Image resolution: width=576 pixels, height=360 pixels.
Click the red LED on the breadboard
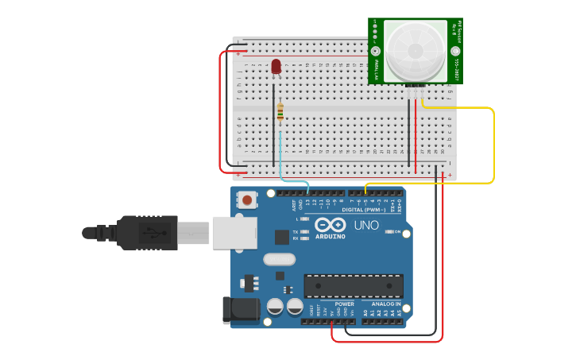click(x=276, y=67)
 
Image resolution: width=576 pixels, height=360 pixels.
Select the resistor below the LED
click(x=280, y=113)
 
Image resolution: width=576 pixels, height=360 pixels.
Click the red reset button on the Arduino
click(x=248, y=200)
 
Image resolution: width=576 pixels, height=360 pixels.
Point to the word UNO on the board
click(x=366, y=226)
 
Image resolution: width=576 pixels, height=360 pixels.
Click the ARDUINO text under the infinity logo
click(x=330, y=236)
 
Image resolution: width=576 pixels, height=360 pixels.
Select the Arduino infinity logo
click(x=331, y=225)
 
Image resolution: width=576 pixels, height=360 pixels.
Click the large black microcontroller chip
click(x=353, y=286)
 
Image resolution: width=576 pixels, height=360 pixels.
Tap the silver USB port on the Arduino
click(x=234, y=233)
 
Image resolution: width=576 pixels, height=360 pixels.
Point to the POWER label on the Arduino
click(x=345, y=304)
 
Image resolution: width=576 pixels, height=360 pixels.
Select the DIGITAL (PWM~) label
click(x=365, y=210)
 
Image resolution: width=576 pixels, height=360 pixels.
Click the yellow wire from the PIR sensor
click(x=493, y=143)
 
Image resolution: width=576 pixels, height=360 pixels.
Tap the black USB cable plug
click(x=147, y=233)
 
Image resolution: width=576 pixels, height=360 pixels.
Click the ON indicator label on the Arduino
click(x=397, y=232)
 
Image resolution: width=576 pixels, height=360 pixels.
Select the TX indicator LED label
click(x=296, y=231)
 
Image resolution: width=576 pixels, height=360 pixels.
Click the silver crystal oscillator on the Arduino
click(x=279, y=258)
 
